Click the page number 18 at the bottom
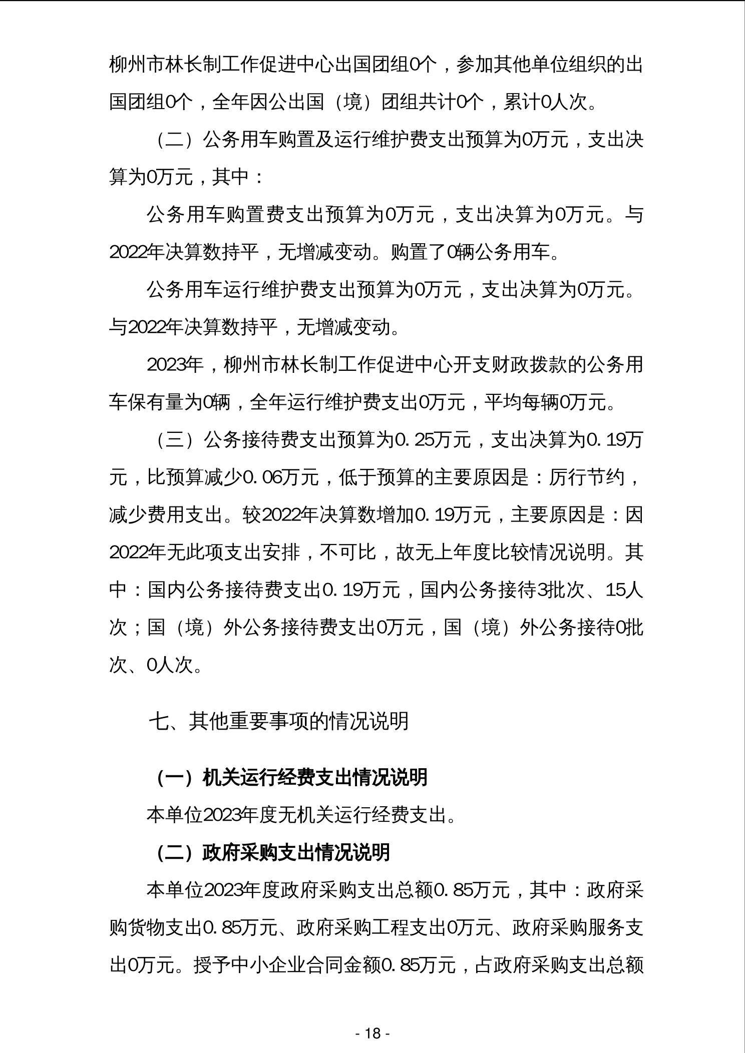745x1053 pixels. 373,1032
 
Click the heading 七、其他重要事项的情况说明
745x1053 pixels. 279,721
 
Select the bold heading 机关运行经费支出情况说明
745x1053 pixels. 315,777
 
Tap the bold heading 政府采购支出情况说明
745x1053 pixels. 296,852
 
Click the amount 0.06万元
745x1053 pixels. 280,477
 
